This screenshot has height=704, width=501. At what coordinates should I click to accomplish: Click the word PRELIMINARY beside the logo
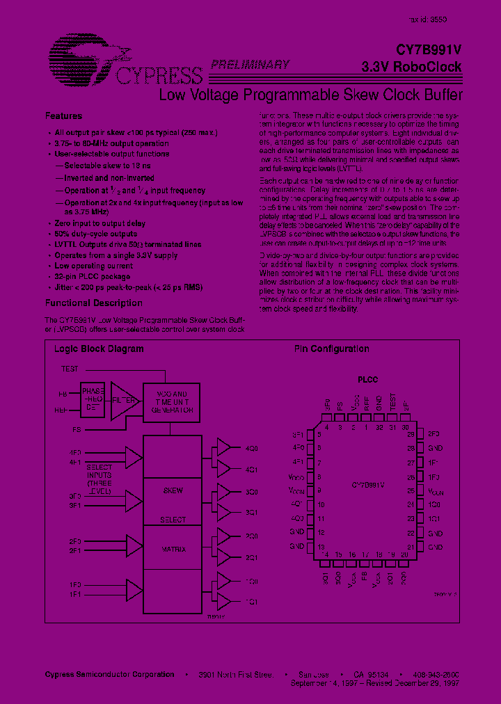[250, 65]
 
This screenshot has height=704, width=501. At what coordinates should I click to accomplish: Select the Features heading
[63, 116]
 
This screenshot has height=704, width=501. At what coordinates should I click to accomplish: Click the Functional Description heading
[93, 303]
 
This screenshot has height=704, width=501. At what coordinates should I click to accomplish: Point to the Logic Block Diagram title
[99, 349]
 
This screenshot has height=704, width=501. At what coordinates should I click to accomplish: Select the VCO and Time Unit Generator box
[170, 402]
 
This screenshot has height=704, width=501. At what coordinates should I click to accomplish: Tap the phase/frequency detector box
[93, 400]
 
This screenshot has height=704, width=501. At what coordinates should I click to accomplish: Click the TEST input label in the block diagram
[70, 369]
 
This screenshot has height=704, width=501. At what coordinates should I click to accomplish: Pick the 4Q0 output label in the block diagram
[251, 449]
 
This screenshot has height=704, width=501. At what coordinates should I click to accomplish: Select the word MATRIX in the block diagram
[173, 550]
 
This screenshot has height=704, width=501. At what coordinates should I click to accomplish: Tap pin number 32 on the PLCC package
[379, 429]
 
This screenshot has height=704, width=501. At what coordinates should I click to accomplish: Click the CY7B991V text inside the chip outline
[368, 484]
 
